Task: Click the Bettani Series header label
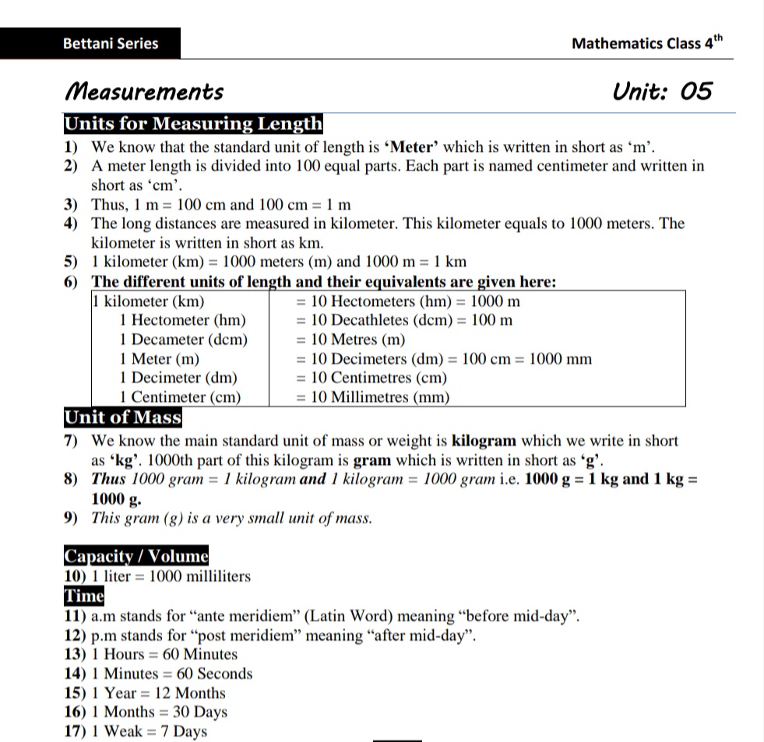coord(111,44)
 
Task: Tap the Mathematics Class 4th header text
coord(646,43)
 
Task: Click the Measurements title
coord(144,92)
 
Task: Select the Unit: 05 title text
coord(662,91)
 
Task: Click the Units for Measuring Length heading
coord(192,124)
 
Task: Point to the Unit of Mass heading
coord(122,417)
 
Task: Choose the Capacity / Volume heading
coord(136,556)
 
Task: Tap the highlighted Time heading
coord(83,596)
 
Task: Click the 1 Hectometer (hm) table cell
coord(183,320)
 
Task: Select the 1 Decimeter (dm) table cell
coord(178,378)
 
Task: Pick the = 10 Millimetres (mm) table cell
coord(372,397)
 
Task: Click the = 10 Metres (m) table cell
coord(350,339)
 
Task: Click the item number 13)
coord(75,654)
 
